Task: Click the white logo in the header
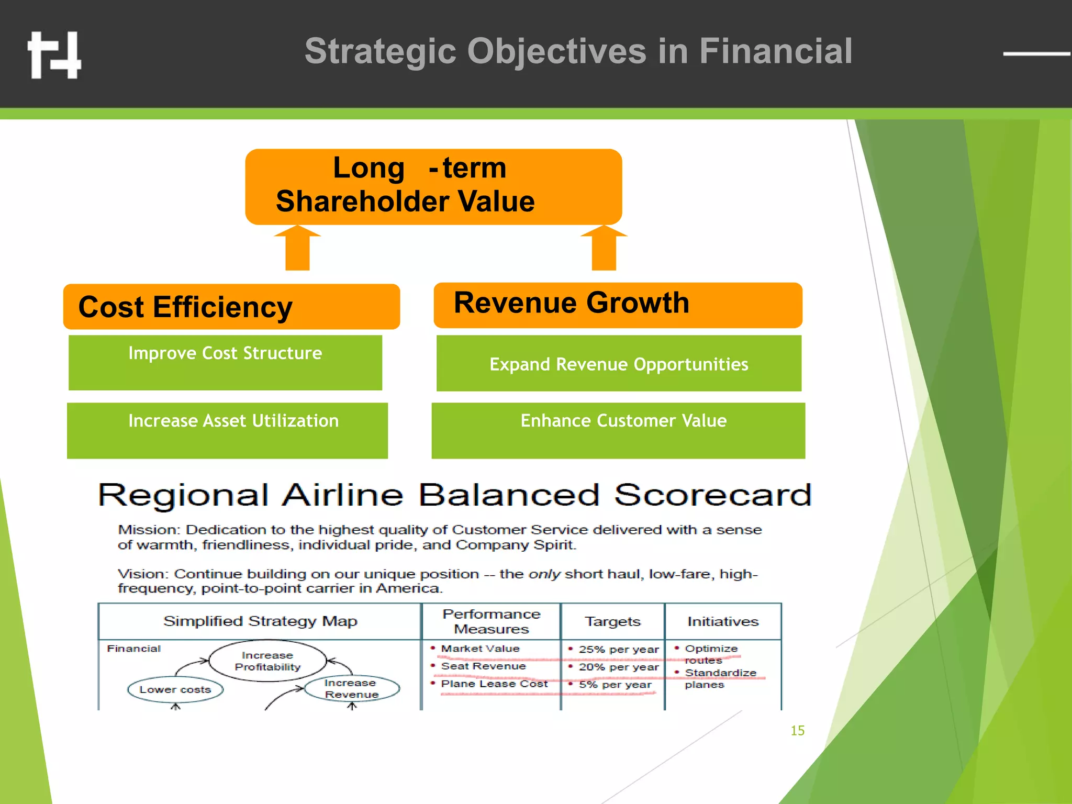tap(54, 55)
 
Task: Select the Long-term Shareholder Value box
tap(433, 186)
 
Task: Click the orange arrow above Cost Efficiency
tap(297, 248)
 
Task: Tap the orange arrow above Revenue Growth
tap(604, 248)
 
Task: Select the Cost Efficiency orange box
tap(231, 307)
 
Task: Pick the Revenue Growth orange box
tap(618, 305)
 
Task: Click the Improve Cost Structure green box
tap(225, 362)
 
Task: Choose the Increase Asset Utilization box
tap(227, 430)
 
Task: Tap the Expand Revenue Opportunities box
tap(619, 363)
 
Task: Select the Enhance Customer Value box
tap(618, 430)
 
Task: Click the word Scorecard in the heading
tap(712, 495)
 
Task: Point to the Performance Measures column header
tap(491, 621)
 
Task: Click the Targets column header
tap(612, 621)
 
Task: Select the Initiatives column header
tap(722, 621)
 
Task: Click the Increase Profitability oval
tap(267, 661)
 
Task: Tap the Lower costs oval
tap(175, 689)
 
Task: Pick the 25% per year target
tap(618, 650)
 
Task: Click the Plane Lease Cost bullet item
tap(494, 684)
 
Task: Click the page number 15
tap(797, 731)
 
